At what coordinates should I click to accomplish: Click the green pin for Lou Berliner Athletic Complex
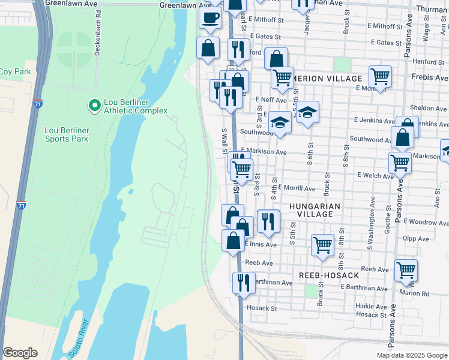94,106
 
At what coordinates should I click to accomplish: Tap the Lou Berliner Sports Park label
66,134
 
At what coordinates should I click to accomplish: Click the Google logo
20,353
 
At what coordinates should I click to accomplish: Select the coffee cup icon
210,18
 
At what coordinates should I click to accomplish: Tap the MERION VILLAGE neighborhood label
328,79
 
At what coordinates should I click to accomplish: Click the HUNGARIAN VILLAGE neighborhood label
315,210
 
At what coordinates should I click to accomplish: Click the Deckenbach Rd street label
98,33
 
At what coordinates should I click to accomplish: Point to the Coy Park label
14,72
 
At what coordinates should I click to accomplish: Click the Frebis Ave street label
430,78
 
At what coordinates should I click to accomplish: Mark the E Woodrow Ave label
426,222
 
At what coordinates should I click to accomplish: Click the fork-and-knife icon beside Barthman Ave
243,282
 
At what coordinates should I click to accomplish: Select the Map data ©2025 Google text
412,355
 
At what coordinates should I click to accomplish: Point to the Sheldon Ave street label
427,109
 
